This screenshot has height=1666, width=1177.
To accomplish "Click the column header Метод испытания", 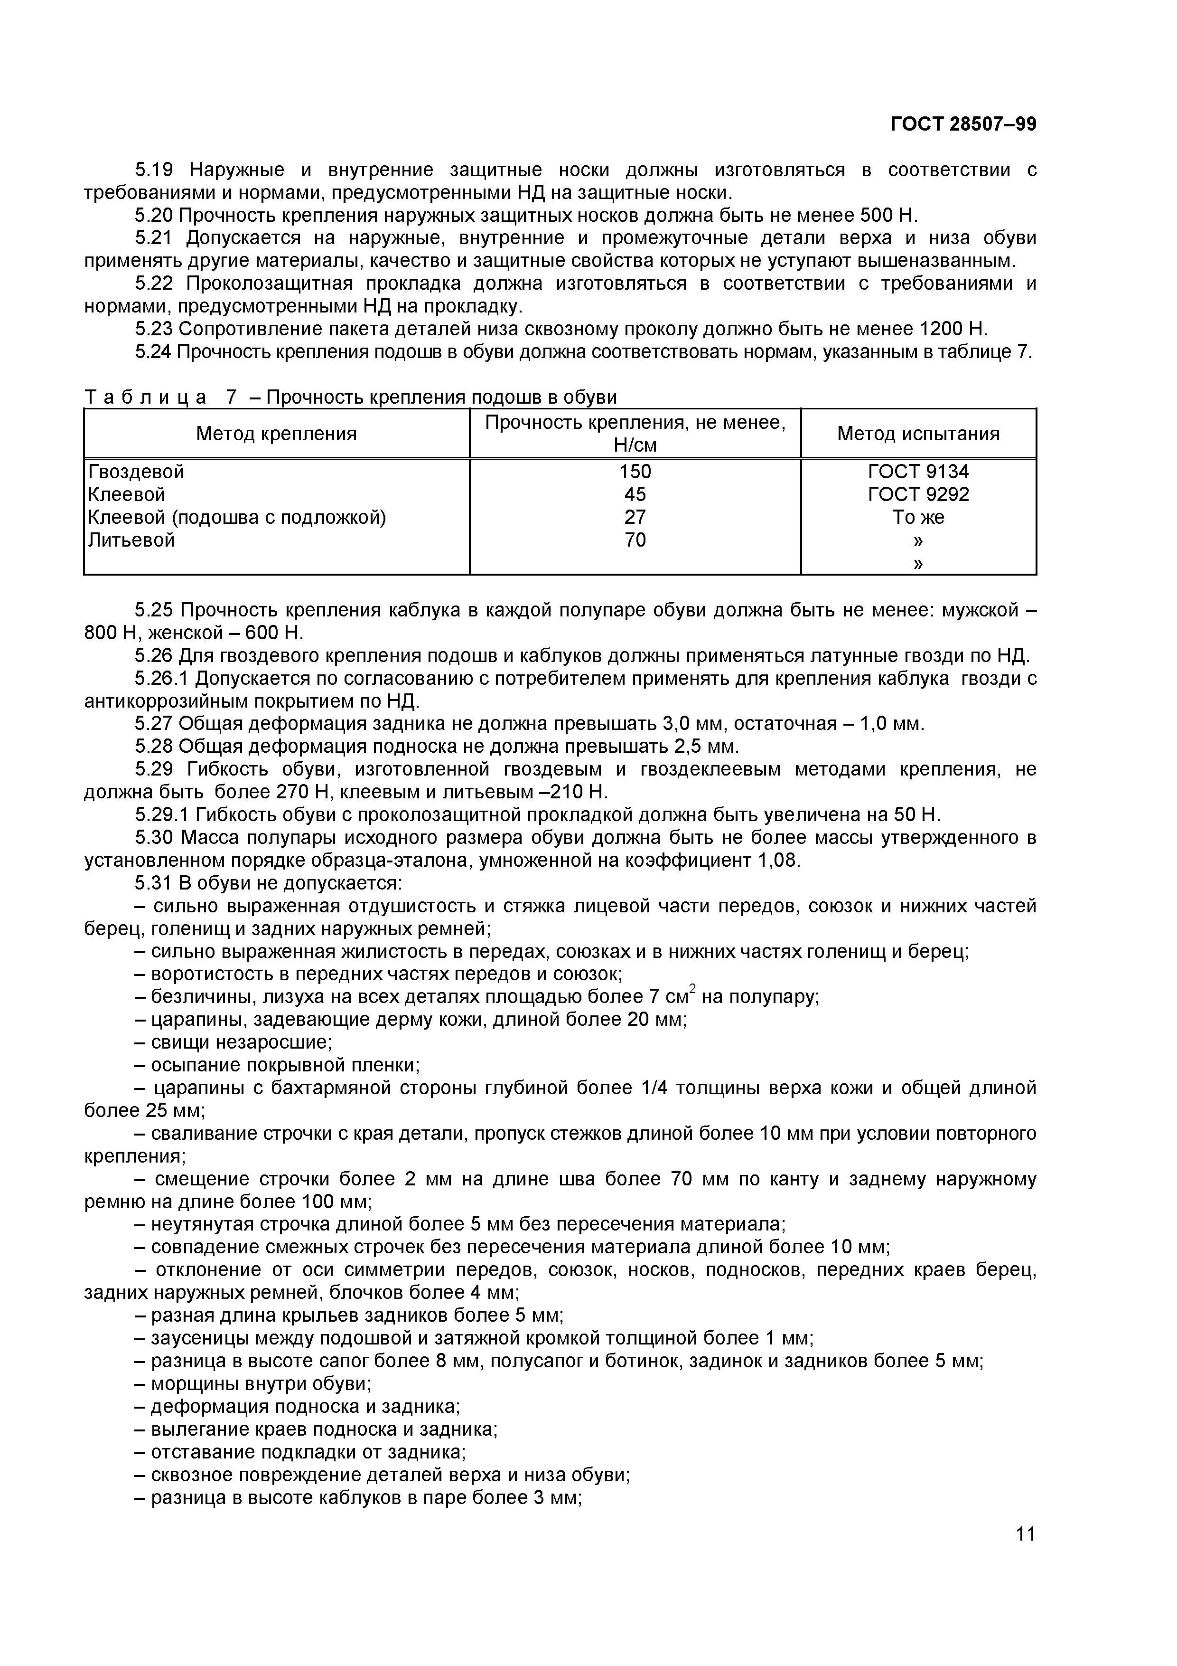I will pos(918,434).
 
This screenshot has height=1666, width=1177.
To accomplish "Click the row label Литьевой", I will pos(131,540).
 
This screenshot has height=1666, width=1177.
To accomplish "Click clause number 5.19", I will pos(154,170).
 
